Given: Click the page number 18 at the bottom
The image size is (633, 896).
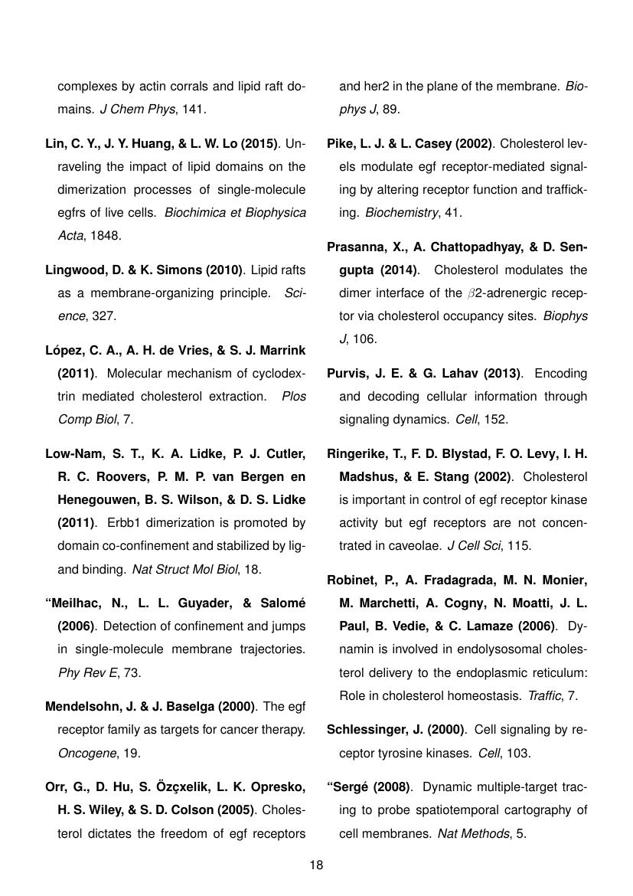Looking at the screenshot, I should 316,865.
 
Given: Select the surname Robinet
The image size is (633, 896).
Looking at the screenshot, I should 352,578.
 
